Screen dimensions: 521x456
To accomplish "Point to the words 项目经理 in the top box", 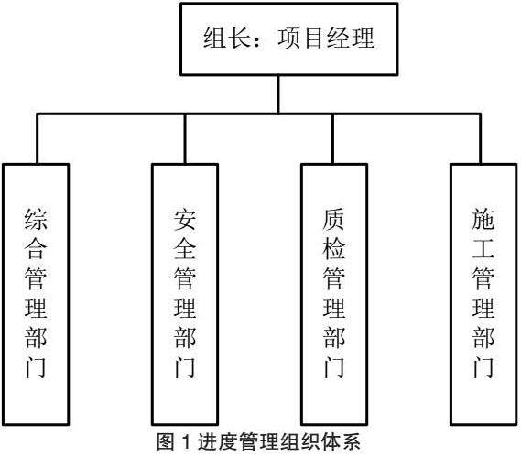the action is click(326, 38).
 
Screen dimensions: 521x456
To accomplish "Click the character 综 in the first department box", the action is click(36, 220).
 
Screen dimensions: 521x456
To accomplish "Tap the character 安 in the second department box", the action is click(185, 220).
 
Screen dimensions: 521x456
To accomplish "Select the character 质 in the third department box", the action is click(334, 220).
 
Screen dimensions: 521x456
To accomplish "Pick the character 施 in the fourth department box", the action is click(483, 220).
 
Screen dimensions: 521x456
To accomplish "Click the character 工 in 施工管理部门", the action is click(483, 249).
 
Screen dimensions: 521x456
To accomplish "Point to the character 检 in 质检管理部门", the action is click(334, 249).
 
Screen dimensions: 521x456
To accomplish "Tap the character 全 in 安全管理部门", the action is click(185, 249).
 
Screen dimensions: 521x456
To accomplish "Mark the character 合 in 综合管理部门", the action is click(36, 249).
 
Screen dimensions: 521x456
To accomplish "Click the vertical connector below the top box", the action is click(278, 94).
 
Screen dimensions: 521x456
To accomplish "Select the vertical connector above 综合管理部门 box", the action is click(38, 138).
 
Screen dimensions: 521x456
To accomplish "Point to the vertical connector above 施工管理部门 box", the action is click(480, 138).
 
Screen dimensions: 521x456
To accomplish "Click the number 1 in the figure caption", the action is click(187, 442).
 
